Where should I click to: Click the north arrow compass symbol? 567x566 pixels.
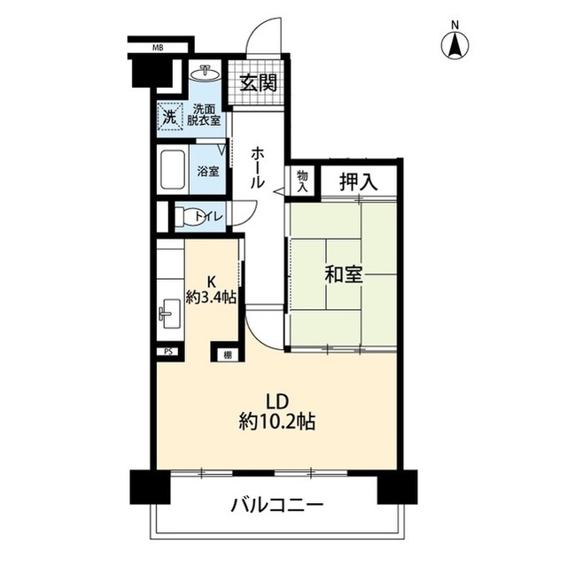tap(456, 43)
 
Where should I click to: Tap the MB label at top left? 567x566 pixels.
tap(157, 47)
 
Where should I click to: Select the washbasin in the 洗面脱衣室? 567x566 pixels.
tap(206, 73)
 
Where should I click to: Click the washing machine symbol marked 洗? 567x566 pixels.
tap(168, 115)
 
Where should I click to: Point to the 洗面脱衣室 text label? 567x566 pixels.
tap(203, 115)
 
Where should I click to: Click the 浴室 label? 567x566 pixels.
tap(208, 172)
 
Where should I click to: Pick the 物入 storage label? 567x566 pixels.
tap(303, 181)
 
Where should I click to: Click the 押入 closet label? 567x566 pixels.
tap(360, 182)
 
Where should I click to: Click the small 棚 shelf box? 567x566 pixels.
tap(218, 354)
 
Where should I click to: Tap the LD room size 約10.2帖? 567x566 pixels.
tap(276, 422)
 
